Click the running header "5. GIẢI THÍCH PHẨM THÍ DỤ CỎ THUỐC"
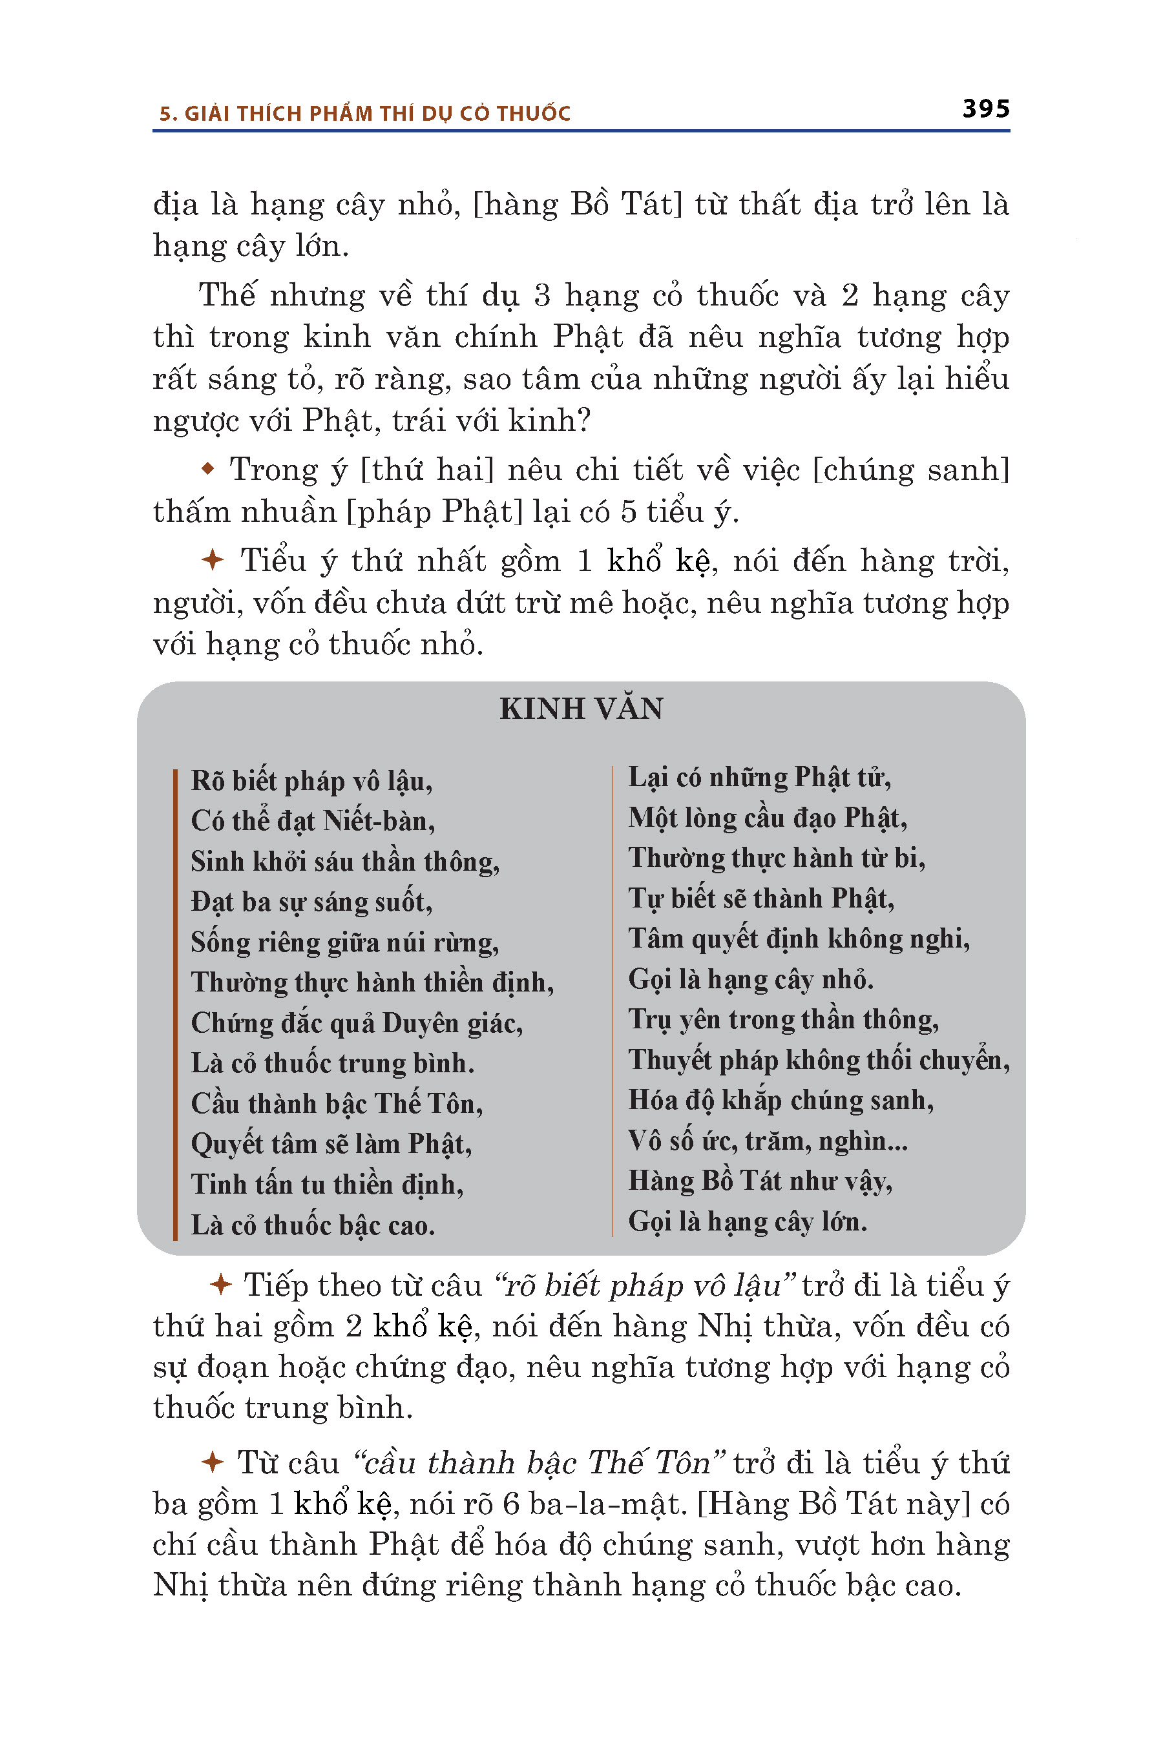(x=365, y=114)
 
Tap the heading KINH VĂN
(x=581, y=709)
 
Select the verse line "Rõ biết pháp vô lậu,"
(x=311, y=782)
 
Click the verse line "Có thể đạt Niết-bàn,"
(x=313, y=822)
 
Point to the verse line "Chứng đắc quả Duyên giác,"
(x=357, y=1023)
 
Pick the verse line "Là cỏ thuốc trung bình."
(x=332, y=1063)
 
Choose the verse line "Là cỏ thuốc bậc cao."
(x=312, y=1225)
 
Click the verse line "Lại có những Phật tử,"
(x=760, y=777)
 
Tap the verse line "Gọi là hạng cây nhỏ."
(x=751, y=979)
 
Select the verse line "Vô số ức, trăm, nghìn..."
(x=768, y=1141)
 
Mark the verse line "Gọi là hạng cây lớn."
(x=748, y=1221)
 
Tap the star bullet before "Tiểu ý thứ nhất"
(x=212, y=560)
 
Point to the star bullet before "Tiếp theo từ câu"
(x=220, y=1285)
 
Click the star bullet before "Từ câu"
(x=212, y=1462)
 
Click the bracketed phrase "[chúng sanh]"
(x=911, y=470)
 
